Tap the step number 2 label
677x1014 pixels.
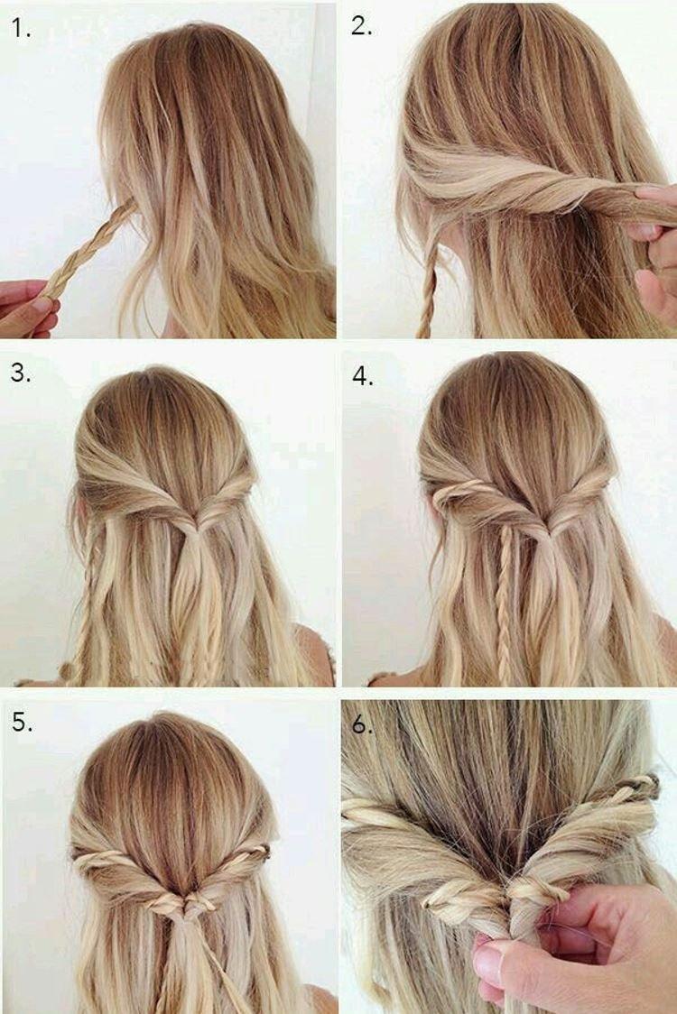[361, 26]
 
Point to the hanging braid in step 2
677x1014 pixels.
[428, 289]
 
